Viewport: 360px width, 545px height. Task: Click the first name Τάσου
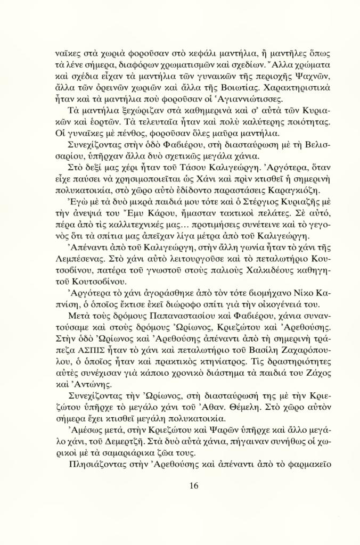tap(167, 194)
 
